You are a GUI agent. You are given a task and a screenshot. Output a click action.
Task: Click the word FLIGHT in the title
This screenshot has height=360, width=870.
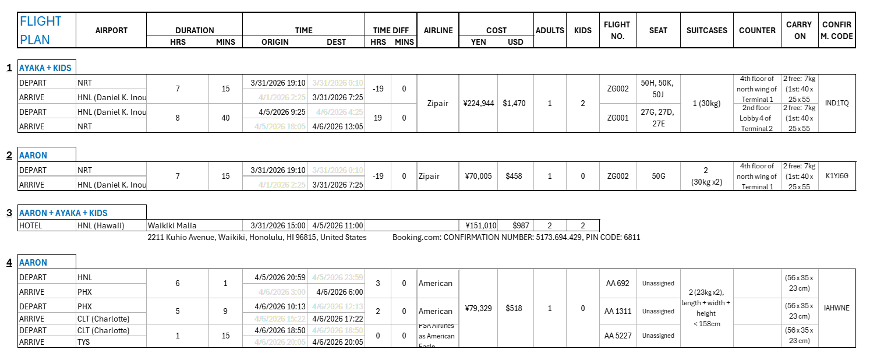click(x=40, y=22)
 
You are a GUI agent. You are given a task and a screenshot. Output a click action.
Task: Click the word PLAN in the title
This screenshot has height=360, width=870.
click(x=35, y=40)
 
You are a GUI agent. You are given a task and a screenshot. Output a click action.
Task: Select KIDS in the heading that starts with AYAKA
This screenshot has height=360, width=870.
click(x=62, y=68)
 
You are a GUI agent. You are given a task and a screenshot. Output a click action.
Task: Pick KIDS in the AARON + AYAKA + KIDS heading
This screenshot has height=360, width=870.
click(x=98, y=213)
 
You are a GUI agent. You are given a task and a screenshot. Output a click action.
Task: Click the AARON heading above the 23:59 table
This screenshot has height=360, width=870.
click(x=33, y=263)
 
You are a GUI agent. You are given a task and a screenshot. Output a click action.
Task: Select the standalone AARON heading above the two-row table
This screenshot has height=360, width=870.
click(x=33, y=156)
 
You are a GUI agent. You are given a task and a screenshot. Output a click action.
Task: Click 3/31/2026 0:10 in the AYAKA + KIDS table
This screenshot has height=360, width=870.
click(x=338, y=83)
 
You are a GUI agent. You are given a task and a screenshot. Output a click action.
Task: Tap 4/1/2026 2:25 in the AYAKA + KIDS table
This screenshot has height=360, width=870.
click(x=282, y=97)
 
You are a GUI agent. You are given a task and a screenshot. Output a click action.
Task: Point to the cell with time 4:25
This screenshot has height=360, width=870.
click(x=340, y=112)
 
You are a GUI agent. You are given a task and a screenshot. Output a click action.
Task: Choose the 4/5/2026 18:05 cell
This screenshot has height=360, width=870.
click(x=280, y=126)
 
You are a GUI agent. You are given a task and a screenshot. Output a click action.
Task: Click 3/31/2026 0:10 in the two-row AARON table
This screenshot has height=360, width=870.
click(x=338, y=170)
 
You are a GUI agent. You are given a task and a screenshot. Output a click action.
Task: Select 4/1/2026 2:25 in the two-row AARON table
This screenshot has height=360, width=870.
click(x=282, y=185)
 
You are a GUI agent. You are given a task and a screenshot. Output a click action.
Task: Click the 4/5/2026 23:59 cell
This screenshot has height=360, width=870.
click(x=338, y=277)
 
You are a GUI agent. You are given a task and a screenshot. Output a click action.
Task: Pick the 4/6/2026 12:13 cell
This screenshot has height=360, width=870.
click(x=338, y=306)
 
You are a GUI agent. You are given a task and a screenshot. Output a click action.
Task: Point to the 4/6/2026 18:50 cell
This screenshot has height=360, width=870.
click(x=338, y=330)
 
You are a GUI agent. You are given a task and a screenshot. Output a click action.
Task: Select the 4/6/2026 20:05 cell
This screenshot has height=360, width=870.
click(x=280, y=342)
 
